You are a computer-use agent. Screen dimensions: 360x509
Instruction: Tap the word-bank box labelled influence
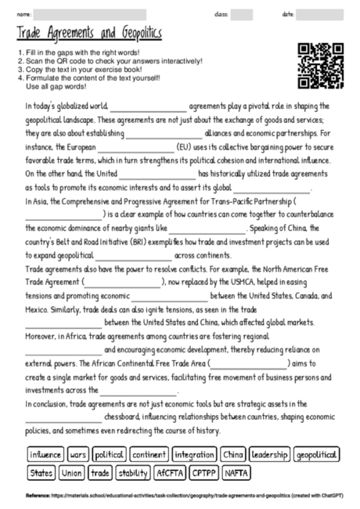click(x=45, y=455)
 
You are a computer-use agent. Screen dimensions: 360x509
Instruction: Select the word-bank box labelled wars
click(x=77, y=455)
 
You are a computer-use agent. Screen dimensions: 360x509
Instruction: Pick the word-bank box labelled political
click(x=108, y=455)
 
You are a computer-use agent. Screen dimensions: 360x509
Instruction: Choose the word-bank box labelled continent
click(x=148, y=455)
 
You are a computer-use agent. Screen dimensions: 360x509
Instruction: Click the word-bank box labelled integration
click(x=193, y=455)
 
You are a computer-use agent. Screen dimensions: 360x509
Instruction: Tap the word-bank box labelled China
click(x=232, y=455)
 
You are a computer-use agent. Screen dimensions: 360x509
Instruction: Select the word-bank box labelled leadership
click(x=270, y=455)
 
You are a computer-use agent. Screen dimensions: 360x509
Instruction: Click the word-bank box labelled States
click(x=41, y=473)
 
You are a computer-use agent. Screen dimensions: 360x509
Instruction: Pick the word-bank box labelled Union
click(x=71, y=473)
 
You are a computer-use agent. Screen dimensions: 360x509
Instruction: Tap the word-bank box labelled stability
click(x=132, y=473)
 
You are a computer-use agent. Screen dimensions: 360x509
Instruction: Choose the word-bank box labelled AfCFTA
click(x=168, y=473)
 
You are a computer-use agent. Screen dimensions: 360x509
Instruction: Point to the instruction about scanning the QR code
click(x=109, y=60)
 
